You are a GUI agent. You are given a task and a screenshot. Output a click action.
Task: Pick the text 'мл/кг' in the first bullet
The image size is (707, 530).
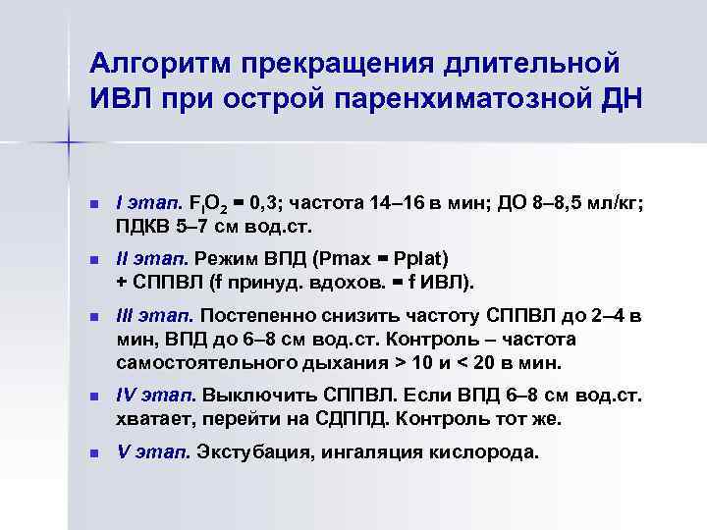click(618, 204)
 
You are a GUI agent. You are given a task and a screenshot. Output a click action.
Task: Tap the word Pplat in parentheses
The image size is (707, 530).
click(418, 260)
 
